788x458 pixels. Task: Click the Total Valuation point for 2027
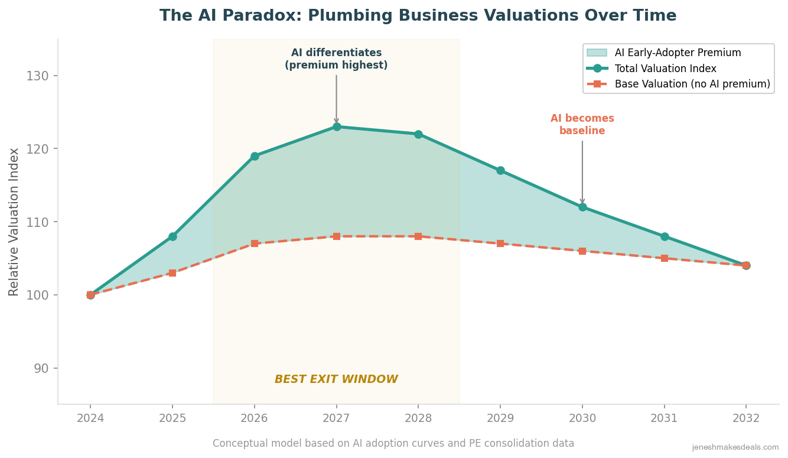coord(337,126)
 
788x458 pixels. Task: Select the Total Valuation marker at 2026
coord(255,156)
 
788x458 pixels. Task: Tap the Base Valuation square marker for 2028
coord(418,236)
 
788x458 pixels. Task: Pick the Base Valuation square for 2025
coord(172,273)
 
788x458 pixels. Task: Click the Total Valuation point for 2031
coord(665,236)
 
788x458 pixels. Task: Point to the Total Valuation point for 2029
coord(500,170)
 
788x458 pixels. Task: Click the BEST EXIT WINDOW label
coord(336,379)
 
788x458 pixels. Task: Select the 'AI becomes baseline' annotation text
coord(582,125)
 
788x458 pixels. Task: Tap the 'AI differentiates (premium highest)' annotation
coord(336,59)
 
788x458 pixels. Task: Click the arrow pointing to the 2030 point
coord(582,171)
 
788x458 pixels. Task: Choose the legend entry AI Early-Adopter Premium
coord(678,53)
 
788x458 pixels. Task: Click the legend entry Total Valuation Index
coord(665,69)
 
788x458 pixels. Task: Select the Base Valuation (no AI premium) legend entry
coord(692,85)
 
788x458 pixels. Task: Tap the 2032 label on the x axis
coord(746,418)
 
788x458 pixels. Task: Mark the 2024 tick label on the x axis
coord(90,418)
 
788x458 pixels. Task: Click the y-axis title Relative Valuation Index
coord(14,222)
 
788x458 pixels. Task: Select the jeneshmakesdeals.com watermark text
coord(735,447)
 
